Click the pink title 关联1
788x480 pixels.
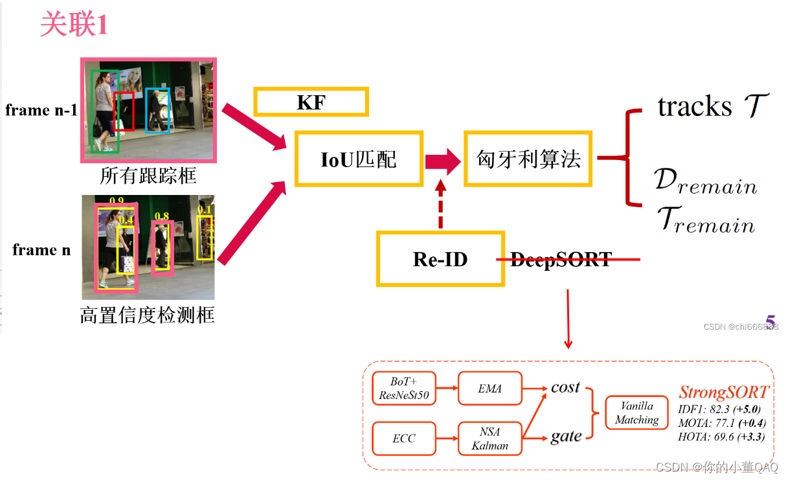pyautogui.click(x=73, y=25)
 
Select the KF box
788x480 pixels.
pyautogui.click(x=311, y=102)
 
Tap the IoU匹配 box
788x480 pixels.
pyautogui.click(x=359, y=159)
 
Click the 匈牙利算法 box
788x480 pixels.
pyautogui.click(x=528, y=159)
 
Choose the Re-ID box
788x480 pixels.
pyautogui.click(x=440, y=259)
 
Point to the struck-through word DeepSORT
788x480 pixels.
pyautogui.click(x=561, y=260)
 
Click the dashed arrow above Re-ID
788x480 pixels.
pyautogui.click(x=441, y=204)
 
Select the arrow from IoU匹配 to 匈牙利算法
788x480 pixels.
pyautogui.click(x=443, y=160)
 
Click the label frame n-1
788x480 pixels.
pyautogui.click(x=41, y=110)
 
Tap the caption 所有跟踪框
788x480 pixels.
pyautogui.click(x=148, y=176)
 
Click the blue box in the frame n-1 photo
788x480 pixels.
pyautogui.click(x=157, y=111)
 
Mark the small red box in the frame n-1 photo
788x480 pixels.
pyautogui.click(x=124, y=111)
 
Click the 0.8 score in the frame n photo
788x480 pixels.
pyautogui.click(x=161, y=216)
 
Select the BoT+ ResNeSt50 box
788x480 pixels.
pyautogui.click(x=404, y=389)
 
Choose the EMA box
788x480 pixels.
pyautogui.click(x=490, y=389)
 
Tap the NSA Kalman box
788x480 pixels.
pyautogui.click(x=490, y=439)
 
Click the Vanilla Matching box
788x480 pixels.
pyautogui.click(x=636, y=413)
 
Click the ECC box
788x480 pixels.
pyautogui.click(x=404, y=439)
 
